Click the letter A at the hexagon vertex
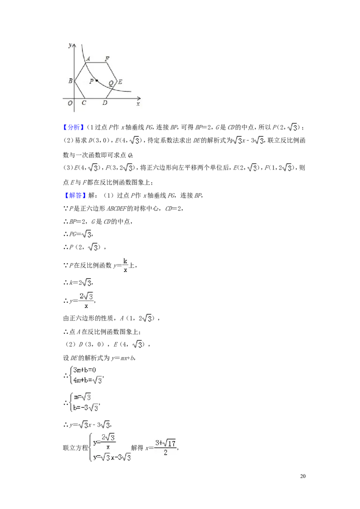88,58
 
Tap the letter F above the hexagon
107,58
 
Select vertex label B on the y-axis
70,81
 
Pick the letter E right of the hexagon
120,82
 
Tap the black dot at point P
97,80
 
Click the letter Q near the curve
111,83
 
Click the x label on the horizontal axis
138,104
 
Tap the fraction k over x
125,265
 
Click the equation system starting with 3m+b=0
86,374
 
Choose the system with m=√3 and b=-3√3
85,402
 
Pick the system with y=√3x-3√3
111,447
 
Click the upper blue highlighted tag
73,128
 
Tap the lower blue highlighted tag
75,196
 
